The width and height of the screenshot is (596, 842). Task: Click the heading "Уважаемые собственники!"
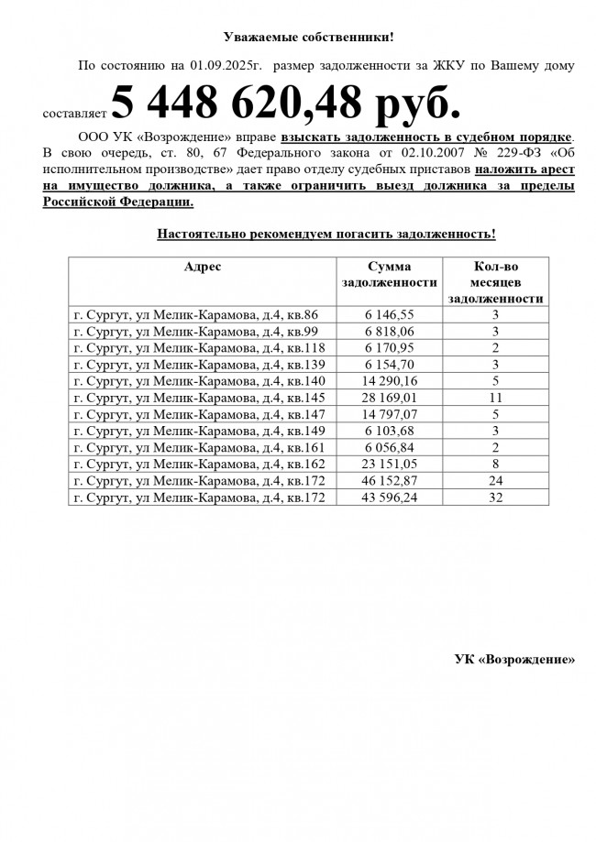[308, 38]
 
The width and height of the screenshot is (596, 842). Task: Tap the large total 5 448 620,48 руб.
[285, 104]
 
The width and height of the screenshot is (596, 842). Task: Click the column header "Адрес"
[203, 267]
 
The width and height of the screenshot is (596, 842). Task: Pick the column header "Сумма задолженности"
[389, 275]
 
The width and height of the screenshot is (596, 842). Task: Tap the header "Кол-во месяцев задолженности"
[495, 282]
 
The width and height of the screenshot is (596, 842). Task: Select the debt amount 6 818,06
[389, 332]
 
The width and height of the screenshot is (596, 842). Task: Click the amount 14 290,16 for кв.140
[389, 381]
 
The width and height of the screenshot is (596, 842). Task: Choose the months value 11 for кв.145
[495, 398]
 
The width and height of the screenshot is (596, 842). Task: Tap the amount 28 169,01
[389, 398]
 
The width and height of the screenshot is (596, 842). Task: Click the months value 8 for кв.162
[495, 464]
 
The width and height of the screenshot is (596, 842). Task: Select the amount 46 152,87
[389, 480]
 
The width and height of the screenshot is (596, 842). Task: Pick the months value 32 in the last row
[495, 497]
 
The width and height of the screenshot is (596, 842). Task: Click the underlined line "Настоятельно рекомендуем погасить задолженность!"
[326, 234]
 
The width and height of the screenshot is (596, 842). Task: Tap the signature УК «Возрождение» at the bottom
[514, 659]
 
